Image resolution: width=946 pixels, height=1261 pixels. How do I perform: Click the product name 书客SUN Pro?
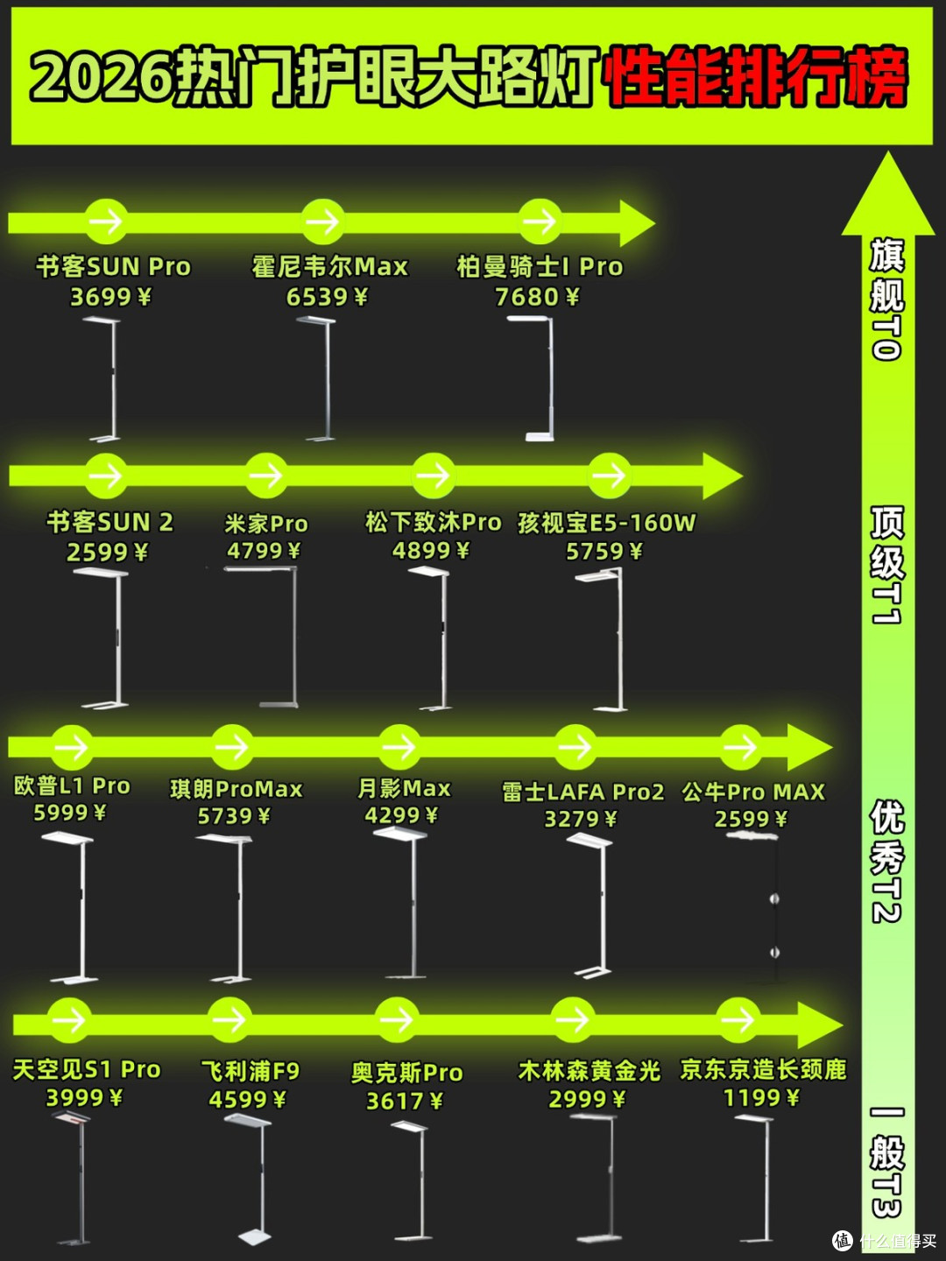[x=113, y=266]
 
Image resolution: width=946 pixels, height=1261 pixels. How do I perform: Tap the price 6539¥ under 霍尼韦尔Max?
[x=327, y=297]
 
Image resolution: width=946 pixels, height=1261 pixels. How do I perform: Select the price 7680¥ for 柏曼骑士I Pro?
[x=537, y=297]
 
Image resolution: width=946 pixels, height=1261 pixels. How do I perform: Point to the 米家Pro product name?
[x=266, y=524]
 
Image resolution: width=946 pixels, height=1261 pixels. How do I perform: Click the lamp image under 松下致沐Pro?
[x=434, y=638]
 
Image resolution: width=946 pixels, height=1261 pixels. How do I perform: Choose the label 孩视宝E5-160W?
[x=606, y=523]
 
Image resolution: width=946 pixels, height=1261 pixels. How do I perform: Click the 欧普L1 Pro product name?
[x=72, y=785]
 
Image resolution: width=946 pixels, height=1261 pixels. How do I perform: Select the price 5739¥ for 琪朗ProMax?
[x=234, y=816]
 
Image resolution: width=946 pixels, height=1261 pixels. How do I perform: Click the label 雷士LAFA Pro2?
[x=583, y=793]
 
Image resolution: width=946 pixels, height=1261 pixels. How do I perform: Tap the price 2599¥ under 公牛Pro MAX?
[x=751, y=820]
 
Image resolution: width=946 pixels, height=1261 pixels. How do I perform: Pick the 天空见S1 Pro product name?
[x=86, y=1070]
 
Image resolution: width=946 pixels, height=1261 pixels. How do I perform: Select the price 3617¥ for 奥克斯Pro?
[x=405, y=1101]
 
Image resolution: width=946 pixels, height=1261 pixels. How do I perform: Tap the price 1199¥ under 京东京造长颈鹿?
[x=761, y=1098]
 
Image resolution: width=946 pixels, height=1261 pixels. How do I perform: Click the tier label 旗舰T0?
[x=886, y=299]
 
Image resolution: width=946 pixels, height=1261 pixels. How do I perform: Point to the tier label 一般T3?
[x=886, y=1164]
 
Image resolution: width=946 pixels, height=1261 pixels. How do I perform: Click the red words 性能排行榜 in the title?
[x=757, y=78]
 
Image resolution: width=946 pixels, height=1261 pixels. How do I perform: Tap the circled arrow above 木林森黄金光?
[x=573, y=1019]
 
